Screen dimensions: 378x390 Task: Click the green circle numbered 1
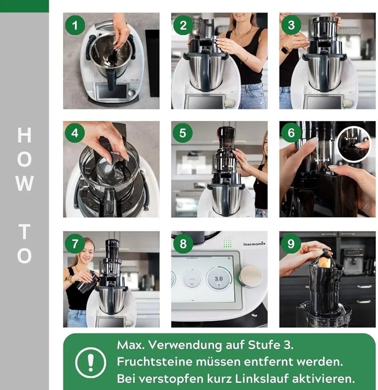(x=75, y=25)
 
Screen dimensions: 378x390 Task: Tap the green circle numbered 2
(x=183, y=25)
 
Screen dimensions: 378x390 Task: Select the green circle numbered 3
(x=291, y=25)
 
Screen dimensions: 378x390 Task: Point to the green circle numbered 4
(x=75, y=133)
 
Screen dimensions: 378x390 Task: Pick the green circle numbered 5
(x=183, y=133)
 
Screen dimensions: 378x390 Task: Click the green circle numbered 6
(x=291, y=133)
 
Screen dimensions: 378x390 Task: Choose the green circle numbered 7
(x=75, y=243)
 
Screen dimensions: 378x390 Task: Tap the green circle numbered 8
(x=183, y=244)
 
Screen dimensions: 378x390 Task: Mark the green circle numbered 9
(x=291, y=243)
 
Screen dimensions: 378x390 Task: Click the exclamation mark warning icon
(x=90, y=362)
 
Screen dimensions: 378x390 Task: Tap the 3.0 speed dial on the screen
(x=219, y=278)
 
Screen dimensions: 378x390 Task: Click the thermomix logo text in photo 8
(x=254, y=244)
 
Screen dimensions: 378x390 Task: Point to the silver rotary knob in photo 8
(x=251, y=276)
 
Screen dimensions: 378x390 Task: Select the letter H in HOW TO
(x=25, y=135)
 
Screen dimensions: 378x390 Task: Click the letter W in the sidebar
(x=25, y=183)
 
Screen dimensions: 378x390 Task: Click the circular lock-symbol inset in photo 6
(x=353, y=144)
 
